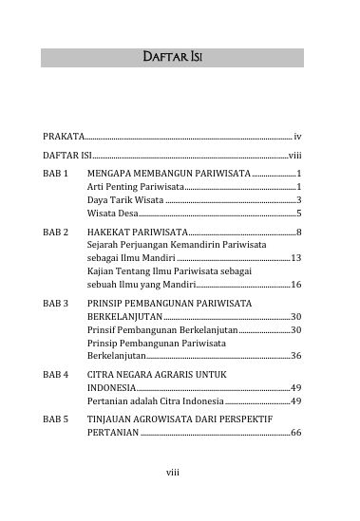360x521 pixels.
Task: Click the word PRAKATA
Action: click(64, 137)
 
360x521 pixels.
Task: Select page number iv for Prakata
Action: click(298, 137)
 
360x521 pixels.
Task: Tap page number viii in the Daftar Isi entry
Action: click(294, 156)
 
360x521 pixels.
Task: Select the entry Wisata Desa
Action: click(113, 214)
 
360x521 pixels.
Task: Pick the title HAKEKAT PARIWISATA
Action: click(137, 231)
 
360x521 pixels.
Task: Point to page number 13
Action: click(296, 258)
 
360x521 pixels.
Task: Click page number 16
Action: click(296, 285)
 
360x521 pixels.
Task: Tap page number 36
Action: click(296, 356)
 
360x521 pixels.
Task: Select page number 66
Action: click(296, 433)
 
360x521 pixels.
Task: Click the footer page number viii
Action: click(173, 494)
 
